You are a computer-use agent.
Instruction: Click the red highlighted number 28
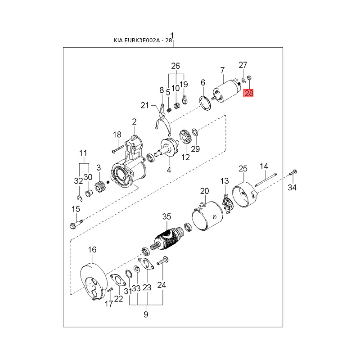coord(248,94)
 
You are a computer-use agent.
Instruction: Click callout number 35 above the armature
coord(167,217)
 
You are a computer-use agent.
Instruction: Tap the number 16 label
coord(92,250)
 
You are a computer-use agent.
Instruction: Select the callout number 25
coord(243,169)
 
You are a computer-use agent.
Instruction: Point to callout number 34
coord(292,187)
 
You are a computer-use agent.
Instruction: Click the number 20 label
coord(205,191)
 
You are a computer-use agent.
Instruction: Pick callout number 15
coord(76,209)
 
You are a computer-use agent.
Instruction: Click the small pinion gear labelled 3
coord(99,185)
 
